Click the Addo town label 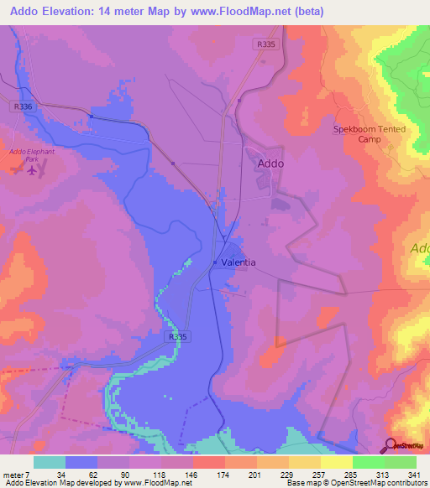point(270,164)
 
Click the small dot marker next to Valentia point(215,262)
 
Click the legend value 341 point(414,475)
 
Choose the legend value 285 point(351,475)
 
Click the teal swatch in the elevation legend point(50,462)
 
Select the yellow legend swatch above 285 point(337,462)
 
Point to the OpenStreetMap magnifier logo point(391,444)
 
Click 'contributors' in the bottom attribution point(406,484)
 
